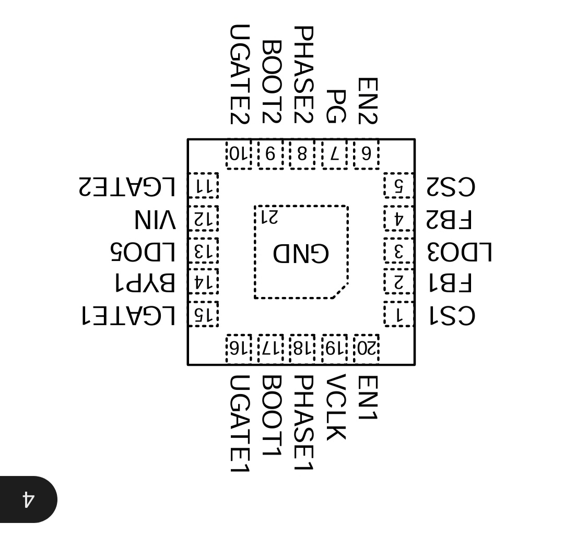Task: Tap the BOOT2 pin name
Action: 271,81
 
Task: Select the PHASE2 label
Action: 303,75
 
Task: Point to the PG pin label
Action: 335,106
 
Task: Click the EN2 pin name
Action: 367,101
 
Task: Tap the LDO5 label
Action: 142,252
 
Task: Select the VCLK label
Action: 335,407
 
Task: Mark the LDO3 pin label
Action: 459,252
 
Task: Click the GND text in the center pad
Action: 301,253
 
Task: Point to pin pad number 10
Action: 239,154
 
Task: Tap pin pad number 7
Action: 335,154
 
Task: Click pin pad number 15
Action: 203,314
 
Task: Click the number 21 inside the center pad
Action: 269,217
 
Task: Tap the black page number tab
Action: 29,499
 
